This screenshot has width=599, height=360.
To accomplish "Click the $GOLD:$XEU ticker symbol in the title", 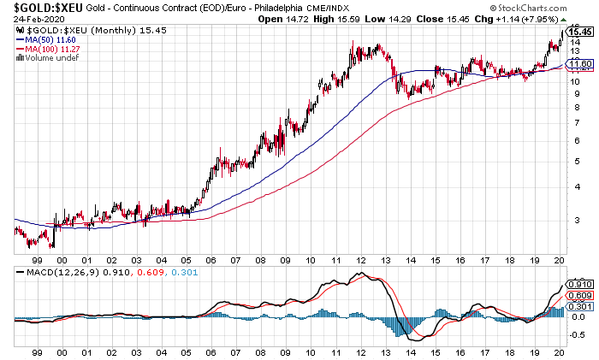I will click(x=42, y=8).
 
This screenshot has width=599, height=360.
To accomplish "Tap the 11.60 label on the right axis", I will click(x=581, y=64).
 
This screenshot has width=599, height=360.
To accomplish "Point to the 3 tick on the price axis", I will click(x=578, y=219).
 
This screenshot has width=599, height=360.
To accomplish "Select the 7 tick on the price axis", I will click(x=578, y=121).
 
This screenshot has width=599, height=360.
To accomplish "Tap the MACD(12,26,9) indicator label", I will click(x=50, y=272).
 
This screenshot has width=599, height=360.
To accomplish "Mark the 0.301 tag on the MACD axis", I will click(x=581, y=306).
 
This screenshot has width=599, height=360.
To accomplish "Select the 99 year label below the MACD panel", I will click(x=37, y=351).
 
